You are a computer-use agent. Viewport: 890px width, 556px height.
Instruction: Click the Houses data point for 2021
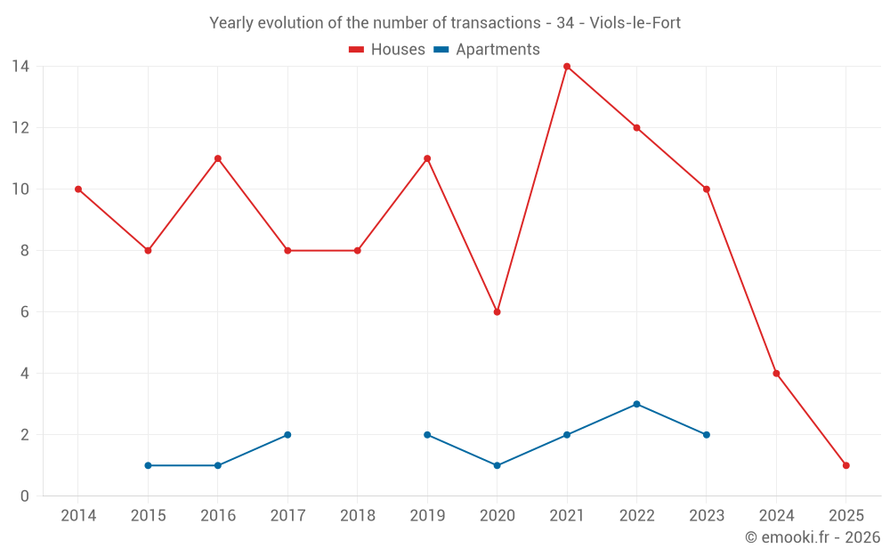tap(567, 67)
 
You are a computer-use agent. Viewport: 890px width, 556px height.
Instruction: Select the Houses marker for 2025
tap(845, 465)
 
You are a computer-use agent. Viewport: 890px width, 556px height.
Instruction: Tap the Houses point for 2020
tap(497, 312)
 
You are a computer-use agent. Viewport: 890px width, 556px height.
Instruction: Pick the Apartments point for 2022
tap(636, 404)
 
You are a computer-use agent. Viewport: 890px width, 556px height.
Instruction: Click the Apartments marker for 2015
tap(148, 465)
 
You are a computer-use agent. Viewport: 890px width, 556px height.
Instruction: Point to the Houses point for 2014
tap(78, 189)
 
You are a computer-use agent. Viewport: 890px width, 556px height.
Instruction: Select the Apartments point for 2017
tap(287, 435)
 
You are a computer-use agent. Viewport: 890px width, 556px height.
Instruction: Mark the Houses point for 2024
tap(776, 374)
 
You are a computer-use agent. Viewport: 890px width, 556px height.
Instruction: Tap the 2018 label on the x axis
tap(357, 516)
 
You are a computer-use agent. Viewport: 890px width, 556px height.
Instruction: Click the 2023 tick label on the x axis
tap(706, 516)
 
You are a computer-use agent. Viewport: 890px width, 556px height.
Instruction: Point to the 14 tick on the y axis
tap(20, 67)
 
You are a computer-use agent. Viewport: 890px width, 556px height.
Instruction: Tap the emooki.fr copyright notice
tap(812, 537)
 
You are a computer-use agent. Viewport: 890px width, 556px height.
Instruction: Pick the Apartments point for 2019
tap(427, 435)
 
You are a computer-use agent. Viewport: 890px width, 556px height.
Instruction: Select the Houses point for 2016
tap(217, 158)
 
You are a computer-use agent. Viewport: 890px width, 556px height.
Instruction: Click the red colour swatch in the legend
tap(356, 50)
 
